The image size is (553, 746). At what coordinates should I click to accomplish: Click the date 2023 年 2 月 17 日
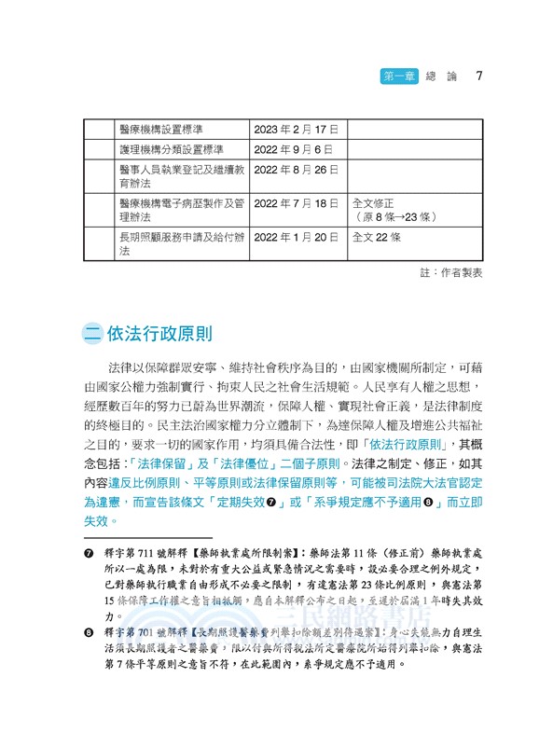pos(296,128)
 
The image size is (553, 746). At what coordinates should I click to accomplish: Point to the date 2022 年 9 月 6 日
pos(292,149)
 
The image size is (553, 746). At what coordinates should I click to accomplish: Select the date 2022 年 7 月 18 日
pos(296,202)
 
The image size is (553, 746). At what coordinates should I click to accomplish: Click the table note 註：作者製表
pos(452,272)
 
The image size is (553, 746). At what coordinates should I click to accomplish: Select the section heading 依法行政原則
pos(159,334)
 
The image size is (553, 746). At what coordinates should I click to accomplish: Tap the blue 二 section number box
pos(92,334)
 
